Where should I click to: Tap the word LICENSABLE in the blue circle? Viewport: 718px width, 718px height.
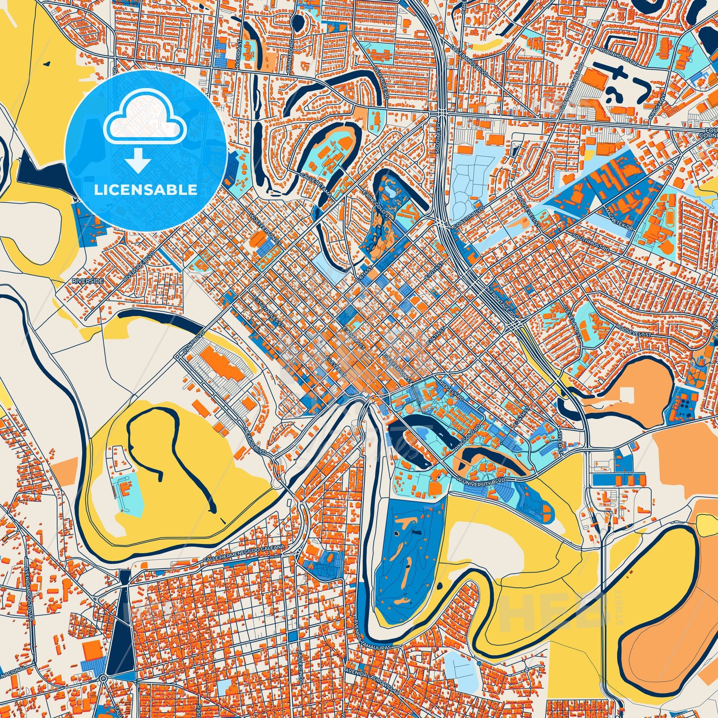pos(146,190)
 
